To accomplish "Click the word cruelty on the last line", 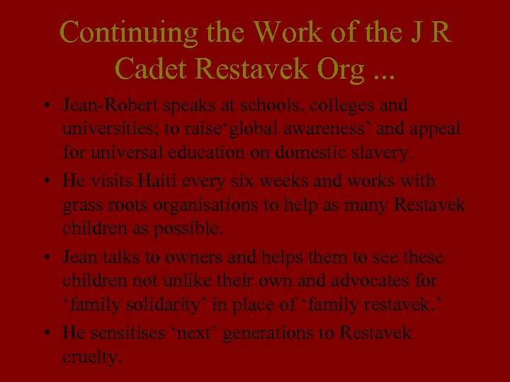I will (92, 357).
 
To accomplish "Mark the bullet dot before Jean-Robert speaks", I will (45, 107).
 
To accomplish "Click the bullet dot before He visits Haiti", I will (45, 182).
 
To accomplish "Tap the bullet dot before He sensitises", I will (45, 333).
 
